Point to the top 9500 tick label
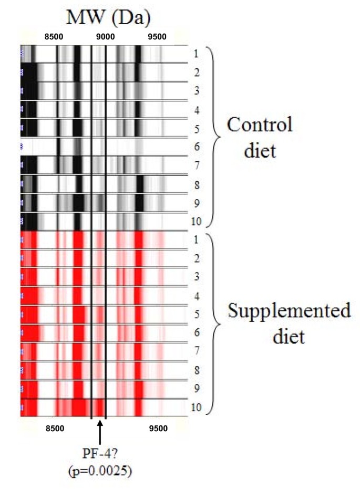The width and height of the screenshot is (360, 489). pos(157,37)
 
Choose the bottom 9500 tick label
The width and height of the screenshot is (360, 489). pos(158,428)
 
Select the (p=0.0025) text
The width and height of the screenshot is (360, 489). pos(100,471)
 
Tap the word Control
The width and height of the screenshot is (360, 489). pos(259,126)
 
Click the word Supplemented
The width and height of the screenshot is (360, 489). pos(289,311)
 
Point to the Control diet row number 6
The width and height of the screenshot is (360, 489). pos(196,147)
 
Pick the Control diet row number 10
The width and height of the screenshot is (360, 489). pos(196,221)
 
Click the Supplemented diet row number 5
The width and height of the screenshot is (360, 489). pos(196,315)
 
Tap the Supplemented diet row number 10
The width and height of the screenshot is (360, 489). pos(196,407)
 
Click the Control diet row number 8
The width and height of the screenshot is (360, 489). pos(196,184)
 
